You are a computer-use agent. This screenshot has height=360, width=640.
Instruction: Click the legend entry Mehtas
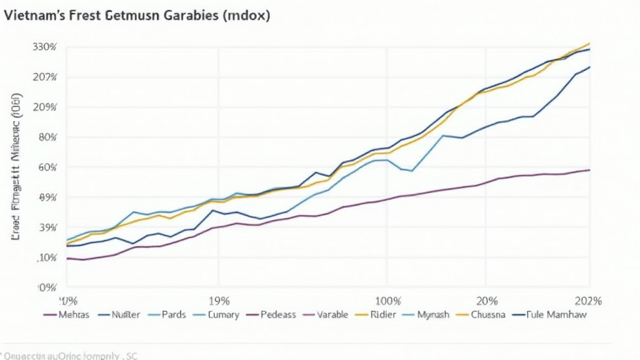point(73,314)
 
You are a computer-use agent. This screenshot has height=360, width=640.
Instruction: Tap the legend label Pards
point(173,314)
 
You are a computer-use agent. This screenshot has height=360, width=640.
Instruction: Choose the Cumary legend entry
point(223,314)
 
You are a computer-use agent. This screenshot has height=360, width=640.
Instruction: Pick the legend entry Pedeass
point(278,314)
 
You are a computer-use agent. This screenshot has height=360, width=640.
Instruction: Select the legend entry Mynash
point(433,314)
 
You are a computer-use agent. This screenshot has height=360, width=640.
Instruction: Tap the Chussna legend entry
point(488,314)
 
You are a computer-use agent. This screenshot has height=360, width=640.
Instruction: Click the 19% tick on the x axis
point(219,300)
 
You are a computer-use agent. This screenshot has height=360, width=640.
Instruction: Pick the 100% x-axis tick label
point(387,300)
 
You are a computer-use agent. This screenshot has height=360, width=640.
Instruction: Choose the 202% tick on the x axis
point(588,300)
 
